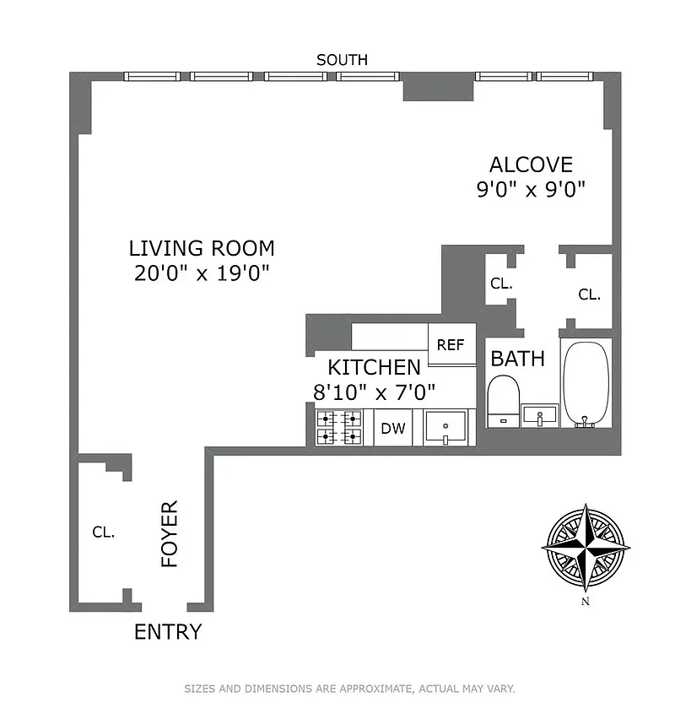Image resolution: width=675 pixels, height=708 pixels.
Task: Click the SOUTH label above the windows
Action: pos(342,60)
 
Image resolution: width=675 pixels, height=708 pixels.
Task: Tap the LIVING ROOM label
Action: pos(202,248)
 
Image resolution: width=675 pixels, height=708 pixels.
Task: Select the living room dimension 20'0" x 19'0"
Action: pos(202,273)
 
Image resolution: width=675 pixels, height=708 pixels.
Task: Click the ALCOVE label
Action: pos(531,165)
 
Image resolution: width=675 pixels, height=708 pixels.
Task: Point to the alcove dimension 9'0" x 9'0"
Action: pos(531,189)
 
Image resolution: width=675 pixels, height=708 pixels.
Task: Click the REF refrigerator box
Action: pos(451,344)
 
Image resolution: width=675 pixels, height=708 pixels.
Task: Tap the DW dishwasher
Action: pos(393,428)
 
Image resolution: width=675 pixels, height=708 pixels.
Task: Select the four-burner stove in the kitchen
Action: pos(339,428)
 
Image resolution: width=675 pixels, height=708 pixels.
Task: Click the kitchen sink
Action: pos(445,427)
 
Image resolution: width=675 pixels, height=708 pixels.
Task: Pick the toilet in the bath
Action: pos(504,401)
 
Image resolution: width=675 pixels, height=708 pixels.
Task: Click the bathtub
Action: pos(586,383)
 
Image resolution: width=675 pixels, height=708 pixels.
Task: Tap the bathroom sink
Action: pos(540,415)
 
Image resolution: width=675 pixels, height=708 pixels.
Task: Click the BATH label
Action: pos(517,359)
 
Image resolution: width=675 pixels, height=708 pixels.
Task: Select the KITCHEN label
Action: pos(375,368)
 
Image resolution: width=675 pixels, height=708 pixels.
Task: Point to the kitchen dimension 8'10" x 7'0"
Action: pos(375,392)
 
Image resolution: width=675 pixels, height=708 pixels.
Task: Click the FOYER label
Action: pos(170,533)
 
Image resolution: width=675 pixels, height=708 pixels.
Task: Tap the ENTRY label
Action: pos(168,632)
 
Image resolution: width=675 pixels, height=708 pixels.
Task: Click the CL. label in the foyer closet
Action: pos(104,532)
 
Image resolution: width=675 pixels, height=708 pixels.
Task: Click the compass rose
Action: pos(586,548)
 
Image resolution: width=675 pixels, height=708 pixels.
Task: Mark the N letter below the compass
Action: pos(586,601)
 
